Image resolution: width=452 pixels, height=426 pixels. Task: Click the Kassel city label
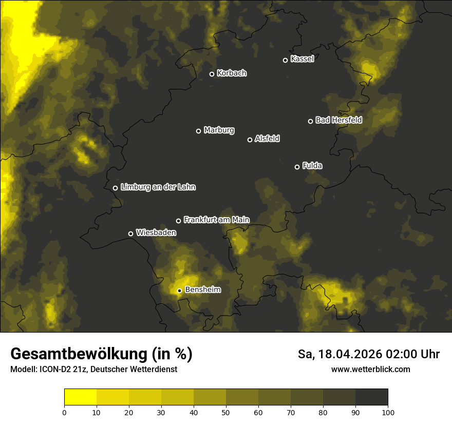[302, 59]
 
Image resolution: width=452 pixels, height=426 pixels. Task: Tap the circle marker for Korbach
[212, 74]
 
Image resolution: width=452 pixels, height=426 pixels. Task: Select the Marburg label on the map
[219, 130]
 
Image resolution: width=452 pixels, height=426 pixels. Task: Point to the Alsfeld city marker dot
[250, 140]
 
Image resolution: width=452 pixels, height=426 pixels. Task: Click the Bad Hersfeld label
[338, 120]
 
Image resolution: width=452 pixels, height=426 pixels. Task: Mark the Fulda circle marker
[297, 167]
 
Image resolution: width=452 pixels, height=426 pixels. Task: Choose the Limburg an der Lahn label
[158, 187]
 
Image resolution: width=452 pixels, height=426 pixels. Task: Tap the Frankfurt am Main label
[216, 220]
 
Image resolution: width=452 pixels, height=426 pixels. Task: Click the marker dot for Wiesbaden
[130, 234]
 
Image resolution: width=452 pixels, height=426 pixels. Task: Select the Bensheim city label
[202, 289]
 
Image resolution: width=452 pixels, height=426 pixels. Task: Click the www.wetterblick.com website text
[371, 369]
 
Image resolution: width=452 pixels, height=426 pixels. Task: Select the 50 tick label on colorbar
[226, 412]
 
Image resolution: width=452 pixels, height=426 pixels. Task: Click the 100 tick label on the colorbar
[388, 412]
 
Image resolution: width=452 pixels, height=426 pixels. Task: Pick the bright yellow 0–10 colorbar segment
[81, 397]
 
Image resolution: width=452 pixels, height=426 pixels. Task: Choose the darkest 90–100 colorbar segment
[371, 397]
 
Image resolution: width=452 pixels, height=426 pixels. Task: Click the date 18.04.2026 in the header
[345, 354]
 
